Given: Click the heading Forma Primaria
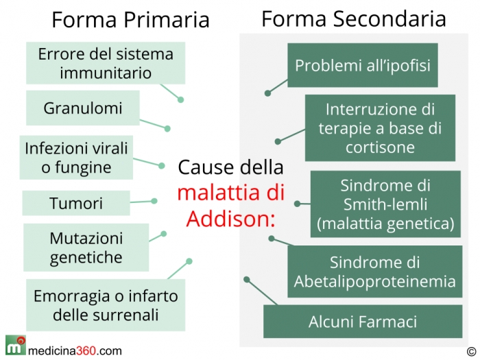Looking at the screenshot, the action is click(130, 20).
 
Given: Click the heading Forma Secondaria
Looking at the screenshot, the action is click(354, 19).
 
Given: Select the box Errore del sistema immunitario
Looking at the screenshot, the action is click(106, 63).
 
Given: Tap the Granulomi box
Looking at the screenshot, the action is click(83, 108).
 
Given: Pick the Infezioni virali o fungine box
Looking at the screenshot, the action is click(76, 157).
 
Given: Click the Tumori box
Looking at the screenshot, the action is click(76, 203).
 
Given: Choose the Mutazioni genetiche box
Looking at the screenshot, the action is click(86, 248).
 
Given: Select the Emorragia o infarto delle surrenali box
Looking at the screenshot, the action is click(106, 305).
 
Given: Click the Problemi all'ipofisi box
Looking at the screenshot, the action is click(363, 65).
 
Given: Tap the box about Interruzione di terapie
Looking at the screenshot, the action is click(380, 128).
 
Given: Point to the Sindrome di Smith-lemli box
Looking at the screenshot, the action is click(385, 204).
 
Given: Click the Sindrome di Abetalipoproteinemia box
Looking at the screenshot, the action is click(374, 272).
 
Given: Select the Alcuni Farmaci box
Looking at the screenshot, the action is click(363, 322).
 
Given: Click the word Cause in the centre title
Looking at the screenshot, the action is click(206, 167).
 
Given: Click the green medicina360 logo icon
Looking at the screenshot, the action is click(16, 345).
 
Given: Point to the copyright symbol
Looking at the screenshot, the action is click(472, 351).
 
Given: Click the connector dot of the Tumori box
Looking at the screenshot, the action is click(154, 201).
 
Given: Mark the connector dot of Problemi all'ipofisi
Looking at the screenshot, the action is click(267, 93).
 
